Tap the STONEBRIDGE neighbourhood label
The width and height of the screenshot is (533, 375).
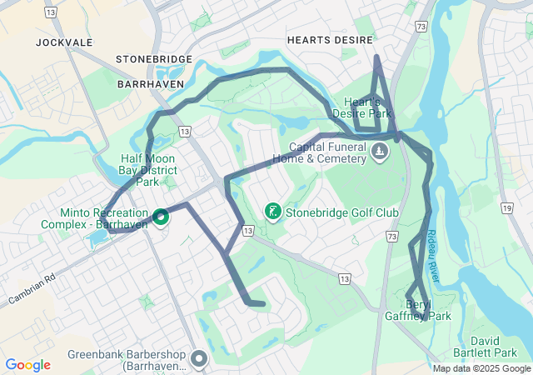(154, 59)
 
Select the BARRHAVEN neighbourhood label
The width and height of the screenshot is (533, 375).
(150, 85)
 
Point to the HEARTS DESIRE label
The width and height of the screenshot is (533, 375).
(331, 39)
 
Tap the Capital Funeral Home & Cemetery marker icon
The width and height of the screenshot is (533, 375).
(380, 151)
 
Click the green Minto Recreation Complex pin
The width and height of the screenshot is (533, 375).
(161, 216)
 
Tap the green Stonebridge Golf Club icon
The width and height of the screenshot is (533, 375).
(271, 212)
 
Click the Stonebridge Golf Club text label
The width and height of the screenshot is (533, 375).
(342, 213)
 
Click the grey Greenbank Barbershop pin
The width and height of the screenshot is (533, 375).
(199, 358)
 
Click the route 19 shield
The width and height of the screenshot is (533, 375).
(506, 207)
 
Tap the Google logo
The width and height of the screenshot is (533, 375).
(27, 365)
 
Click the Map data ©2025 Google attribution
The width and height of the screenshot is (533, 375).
(481, 368)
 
